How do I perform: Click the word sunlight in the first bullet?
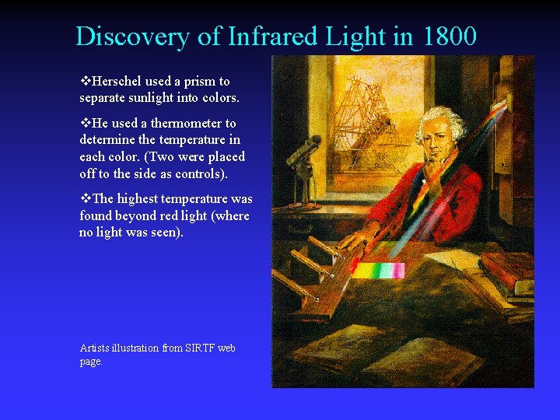148,98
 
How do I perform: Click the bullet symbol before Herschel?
85,81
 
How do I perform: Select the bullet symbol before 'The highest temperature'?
85,198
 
